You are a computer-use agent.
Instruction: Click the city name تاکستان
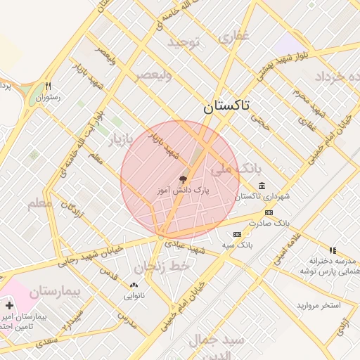pos(230,106)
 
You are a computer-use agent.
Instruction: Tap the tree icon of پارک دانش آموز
pos(184,179)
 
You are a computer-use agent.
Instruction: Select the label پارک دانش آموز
pos(184,191)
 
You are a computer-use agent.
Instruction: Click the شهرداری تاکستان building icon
pos(262,185)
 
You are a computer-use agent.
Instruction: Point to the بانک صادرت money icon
pos(269,212)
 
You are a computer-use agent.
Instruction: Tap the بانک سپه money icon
pos(237,234)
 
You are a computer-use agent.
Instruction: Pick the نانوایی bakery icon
pos(134,285)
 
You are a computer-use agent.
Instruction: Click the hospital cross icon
pos(8,306)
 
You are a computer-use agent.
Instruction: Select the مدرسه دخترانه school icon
pos(333,250)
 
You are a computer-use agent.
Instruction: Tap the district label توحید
pos(184,43)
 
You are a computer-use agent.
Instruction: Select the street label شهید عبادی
pos(185,247)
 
